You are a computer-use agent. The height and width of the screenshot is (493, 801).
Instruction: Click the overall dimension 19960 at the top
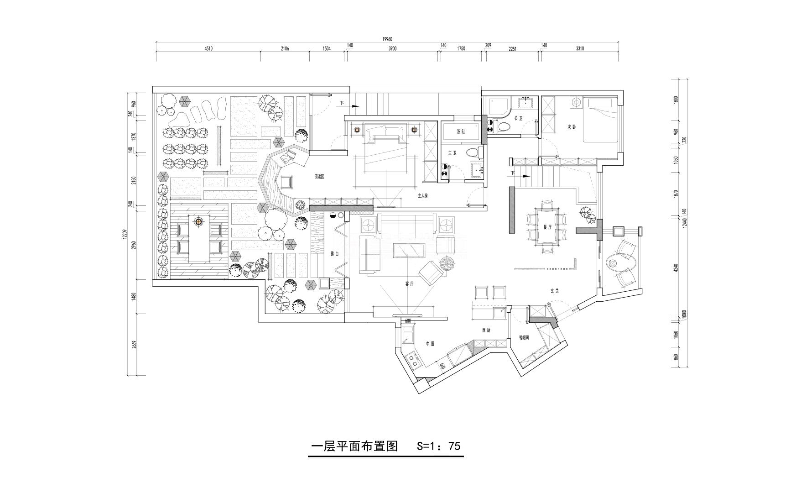[x=387, y=39]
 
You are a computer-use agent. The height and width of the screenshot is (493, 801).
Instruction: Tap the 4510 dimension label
[x=208, y=48]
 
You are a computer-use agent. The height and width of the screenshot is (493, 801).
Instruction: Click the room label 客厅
[x=409, y=283]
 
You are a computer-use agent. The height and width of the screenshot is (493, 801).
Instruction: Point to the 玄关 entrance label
[x=554, y=290]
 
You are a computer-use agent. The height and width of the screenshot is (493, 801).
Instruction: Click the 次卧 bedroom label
[x=572, y=127]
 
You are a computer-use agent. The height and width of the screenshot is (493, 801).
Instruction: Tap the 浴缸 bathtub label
[x=461, y=131]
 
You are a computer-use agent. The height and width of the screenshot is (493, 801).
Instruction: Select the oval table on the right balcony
[x=613, y=263]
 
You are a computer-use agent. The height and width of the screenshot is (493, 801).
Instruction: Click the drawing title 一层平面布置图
[x=354, y=446]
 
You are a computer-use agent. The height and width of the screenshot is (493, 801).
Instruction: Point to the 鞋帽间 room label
[x=524, y=338]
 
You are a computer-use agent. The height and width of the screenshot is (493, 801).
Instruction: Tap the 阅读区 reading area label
[x=319, y=177]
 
